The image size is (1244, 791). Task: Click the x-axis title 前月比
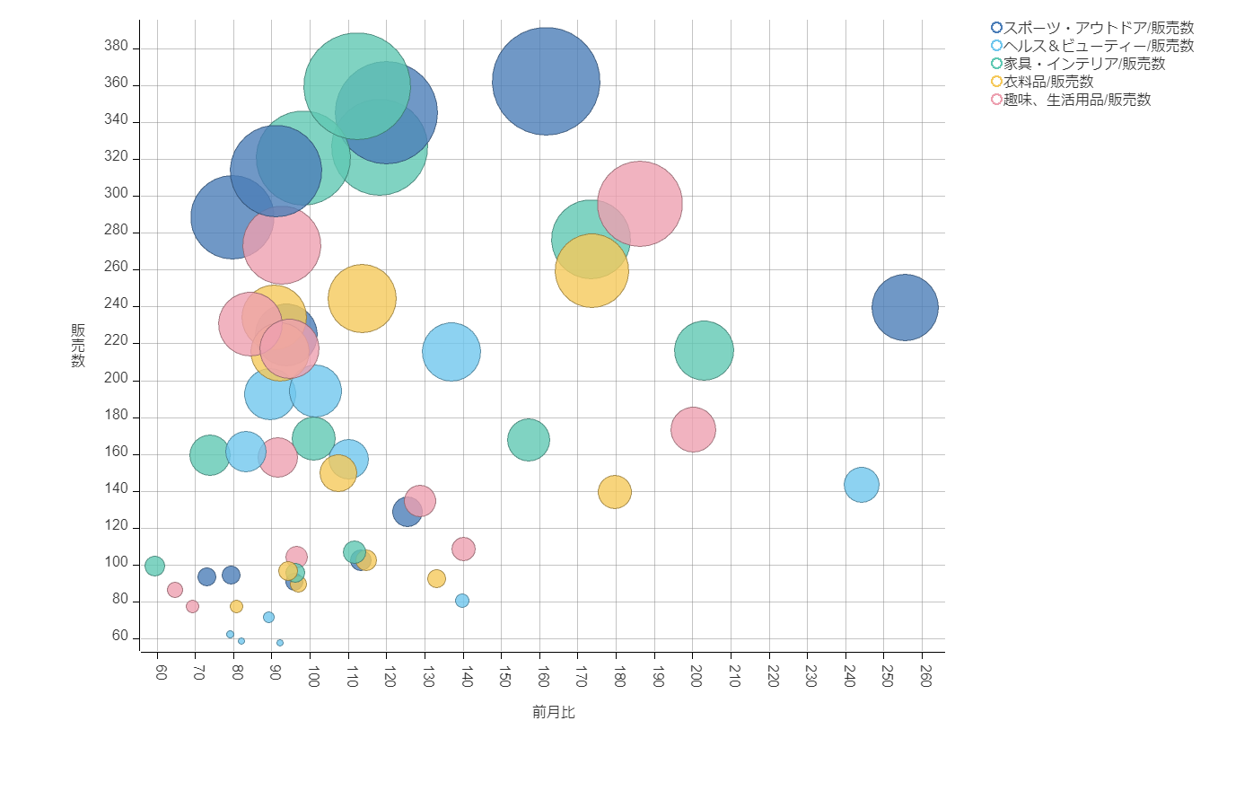553,712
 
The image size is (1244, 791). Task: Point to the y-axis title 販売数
78,346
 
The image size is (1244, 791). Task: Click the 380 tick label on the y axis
117,47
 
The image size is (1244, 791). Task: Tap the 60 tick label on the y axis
120,636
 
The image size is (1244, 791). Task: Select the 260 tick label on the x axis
926,676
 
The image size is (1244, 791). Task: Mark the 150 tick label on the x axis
504,676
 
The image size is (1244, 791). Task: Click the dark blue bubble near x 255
905,307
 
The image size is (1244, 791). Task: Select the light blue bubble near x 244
862,485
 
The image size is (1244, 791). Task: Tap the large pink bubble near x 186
640,203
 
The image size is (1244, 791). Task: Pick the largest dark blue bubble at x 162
546,82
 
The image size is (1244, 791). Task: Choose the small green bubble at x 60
154,566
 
